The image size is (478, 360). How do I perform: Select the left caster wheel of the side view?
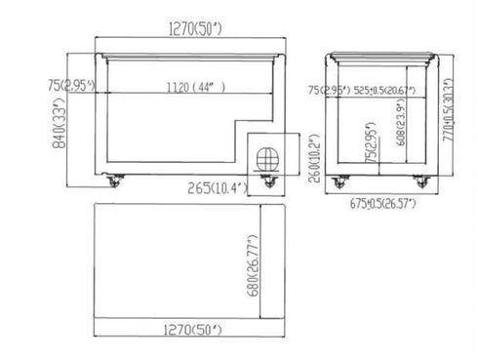pyautogui.click(x=340, y=181)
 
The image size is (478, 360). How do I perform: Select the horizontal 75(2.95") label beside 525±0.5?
pyautogui.click(x=329, y=90)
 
